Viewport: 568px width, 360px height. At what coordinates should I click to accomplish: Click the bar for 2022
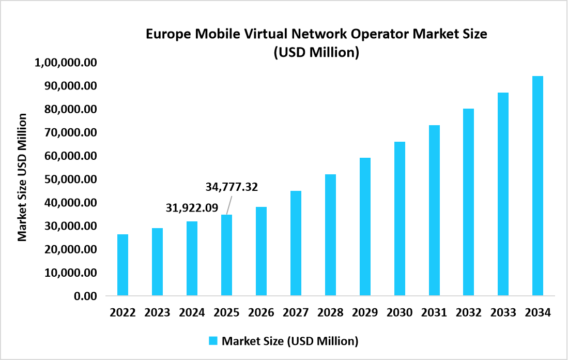tap(122, 265)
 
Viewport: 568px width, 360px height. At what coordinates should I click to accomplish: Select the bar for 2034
tap(538, 186)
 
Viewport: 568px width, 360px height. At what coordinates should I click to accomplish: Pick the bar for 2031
tap(434, 211)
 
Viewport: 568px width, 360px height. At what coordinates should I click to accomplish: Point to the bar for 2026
tap(261, 251)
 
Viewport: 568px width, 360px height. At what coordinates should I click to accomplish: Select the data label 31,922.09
tap(192, 208)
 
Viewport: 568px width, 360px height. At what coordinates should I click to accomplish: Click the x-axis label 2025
tap(226, 313)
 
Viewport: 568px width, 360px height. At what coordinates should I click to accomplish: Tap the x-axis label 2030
tap(400, 313)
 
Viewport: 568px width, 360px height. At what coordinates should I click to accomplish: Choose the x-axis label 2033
tap(503, 313)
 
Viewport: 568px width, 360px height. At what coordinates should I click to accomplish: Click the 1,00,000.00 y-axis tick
tap(66, 63)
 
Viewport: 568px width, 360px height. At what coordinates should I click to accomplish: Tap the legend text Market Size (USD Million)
tap(290, 341)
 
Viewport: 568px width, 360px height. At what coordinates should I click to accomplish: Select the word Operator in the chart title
tap(383, 34)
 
